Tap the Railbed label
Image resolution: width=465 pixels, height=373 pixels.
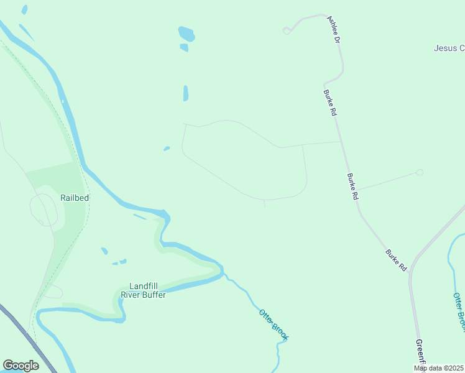[75, 198]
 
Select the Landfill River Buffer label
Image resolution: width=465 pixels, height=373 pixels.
[144, 290]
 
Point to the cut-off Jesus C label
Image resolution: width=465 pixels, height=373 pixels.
[449, 48]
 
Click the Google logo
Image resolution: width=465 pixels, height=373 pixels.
[21, 366]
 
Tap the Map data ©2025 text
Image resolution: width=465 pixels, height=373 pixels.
[438, 368]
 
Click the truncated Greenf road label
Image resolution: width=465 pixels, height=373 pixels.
[420, 352]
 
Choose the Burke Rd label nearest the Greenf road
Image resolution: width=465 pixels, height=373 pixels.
[396, 260]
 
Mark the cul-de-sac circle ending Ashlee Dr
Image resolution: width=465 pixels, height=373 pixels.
[287, 30]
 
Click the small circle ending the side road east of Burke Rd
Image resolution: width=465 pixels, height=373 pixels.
[420, 172]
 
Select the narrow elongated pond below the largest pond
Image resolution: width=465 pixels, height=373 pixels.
[186, 93]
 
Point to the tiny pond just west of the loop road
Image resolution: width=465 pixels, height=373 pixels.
[167, 148]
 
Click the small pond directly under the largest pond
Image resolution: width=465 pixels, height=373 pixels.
[184, 47]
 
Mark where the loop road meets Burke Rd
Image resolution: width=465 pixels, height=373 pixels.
[341, 142]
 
